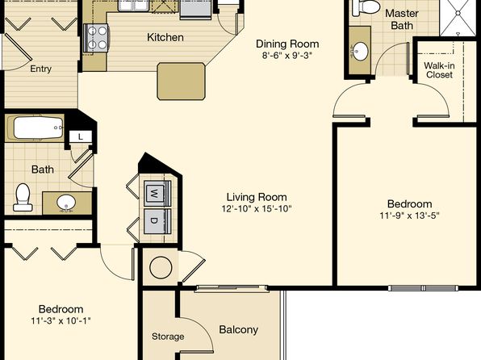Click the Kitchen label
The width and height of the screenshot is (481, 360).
(x=165, y=37)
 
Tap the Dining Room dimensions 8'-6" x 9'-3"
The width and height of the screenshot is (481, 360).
(x=287, y=56)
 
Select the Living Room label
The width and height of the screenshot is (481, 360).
(x=257, y=197)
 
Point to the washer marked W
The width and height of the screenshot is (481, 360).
(x=155, y=194)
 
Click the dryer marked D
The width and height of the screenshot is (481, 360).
(x=155, y=221)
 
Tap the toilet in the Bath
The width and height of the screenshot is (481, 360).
(x=23, y=197)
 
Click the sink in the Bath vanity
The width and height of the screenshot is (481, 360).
(x=66, y=203)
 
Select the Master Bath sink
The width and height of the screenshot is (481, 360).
(x=359, y=51)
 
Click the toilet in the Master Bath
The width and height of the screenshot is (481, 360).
(x=366, y=7)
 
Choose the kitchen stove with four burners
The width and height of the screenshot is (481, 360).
(x=96, y=38)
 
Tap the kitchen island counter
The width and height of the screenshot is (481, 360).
(x=181, y=82)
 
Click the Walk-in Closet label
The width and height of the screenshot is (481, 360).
(x=439, y=70)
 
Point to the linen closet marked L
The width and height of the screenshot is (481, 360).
(x=81, y=136)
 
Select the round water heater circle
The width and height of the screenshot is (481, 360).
(x=161, y=268)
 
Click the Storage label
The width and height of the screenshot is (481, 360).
(x=168, y=337)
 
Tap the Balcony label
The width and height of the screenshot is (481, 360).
(x=238, y=329)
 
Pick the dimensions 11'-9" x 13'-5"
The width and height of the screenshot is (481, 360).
(x=409, y=216)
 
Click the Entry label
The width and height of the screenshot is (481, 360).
(x=40, y=69)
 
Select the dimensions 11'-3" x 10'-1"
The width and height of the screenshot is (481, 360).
(x=61, y=320)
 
